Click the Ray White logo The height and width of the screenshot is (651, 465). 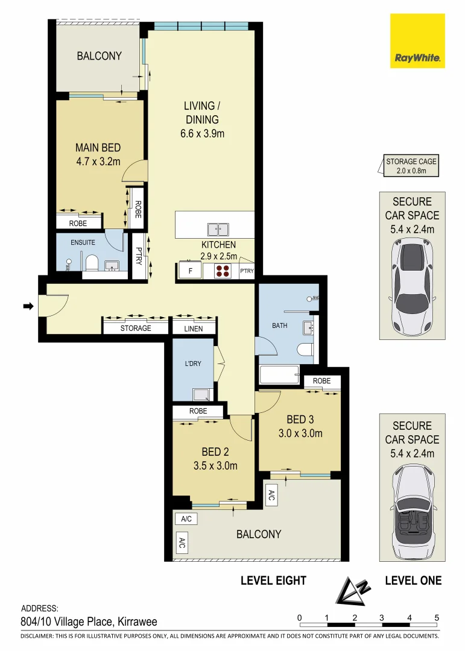(417, 41)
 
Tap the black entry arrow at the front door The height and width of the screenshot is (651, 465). (28, 306)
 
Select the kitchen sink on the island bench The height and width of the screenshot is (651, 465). (218, 229)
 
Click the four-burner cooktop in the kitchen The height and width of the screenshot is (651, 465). (223, 271)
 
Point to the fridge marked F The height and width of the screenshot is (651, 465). (191, 270)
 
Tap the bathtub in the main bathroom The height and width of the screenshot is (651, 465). (279, 374)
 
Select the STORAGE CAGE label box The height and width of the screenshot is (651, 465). (411, 165)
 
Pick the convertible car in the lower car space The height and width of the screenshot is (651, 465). (412, 511)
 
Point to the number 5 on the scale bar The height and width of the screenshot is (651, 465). (436, 618)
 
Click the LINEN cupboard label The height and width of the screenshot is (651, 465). (194, 329)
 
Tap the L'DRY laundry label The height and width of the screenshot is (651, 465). (193, 363)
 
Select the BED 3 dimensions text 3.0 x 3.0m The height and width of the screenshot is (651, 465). (300, 433)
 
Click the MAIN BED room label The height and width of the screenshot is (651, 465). (98, 148)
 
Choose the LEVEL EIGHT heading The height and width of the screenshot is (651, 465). (273, 580)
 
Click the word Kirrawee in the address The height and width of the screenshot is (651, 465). (138, 621)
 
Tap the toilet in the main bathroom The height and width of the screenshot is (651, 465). (305, 349)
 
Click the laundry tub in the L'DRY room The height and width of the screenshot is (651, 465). (203, 394)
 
